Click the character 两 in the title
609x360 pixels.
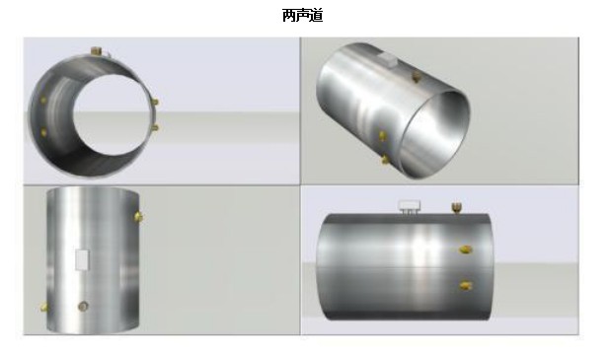tap(288, 16)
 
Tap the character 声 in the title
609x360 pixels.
tap(302, 16)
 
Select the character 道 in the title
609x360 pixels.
tap(316, 16)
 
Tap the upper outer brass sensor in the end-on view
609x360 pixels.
tap(155, 102)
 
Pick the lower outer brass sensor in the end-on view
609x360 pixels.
tap(155, 127)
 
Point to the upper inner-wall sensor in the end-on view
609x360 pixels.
tap(43, 100)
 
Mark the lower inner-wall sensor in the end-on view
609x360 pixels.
tap(43, 133)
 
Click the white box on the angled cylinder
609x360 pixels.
tap(387, 59)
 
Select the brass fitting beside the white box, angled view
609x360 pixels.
tap(416, 77)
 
